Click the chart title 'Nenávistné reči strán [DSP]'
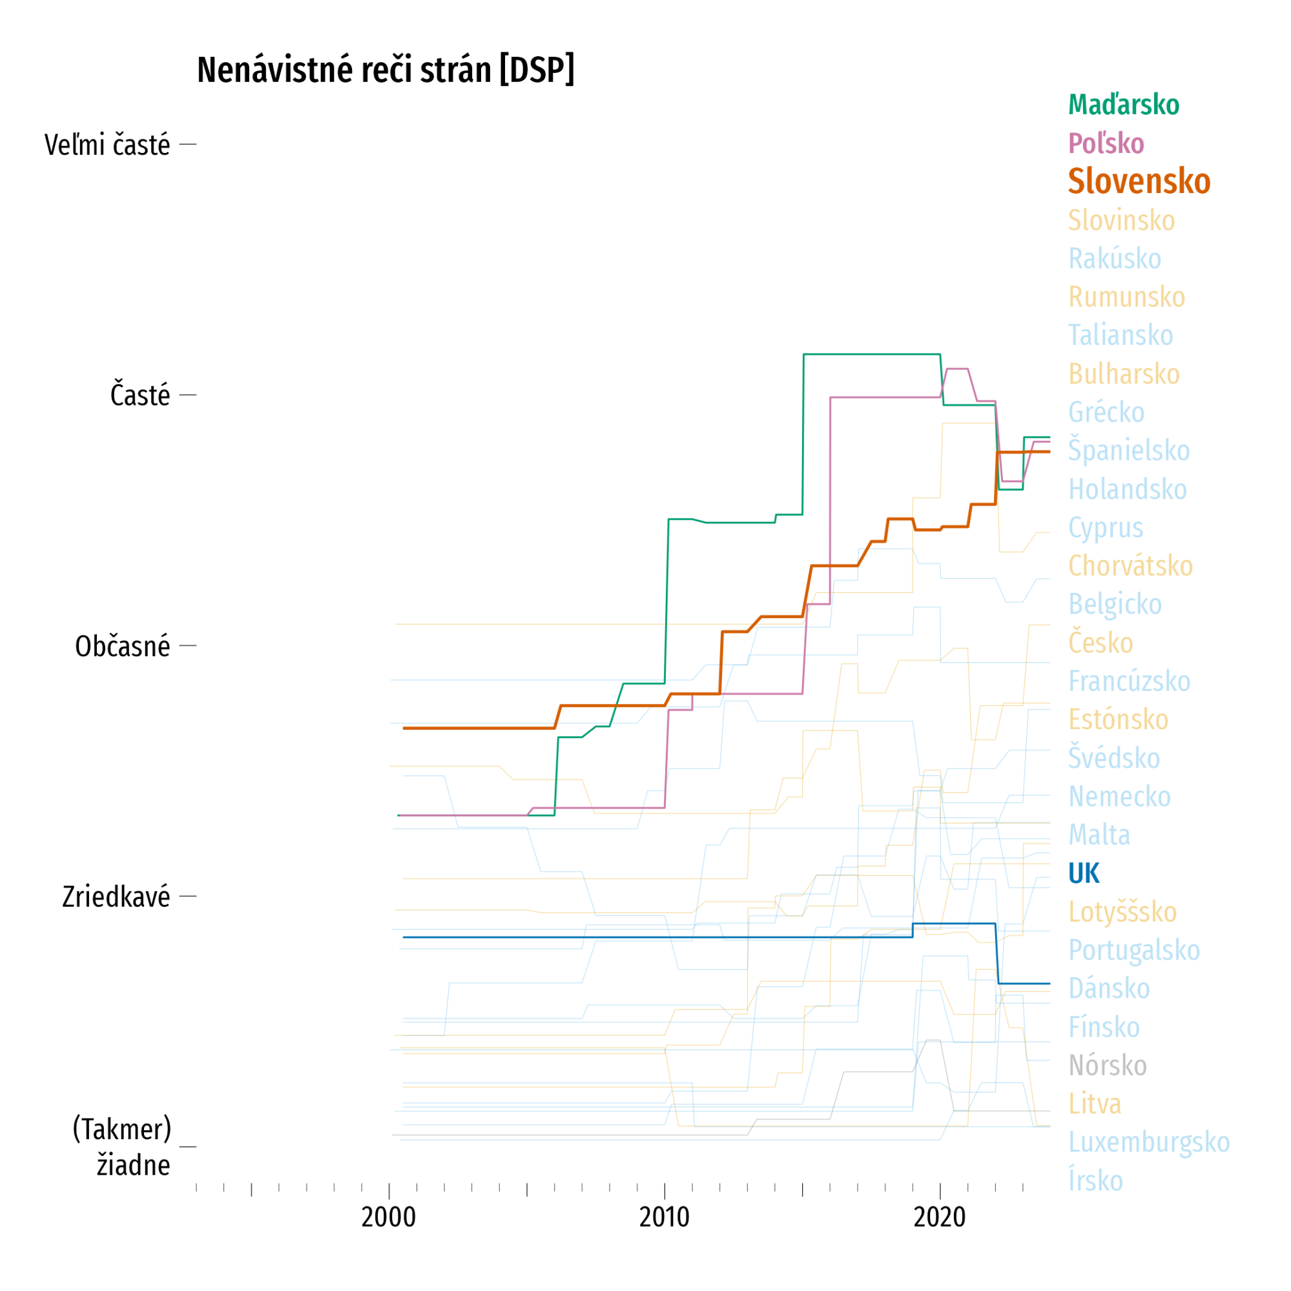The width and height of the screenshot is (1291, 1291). [x=386, y=70]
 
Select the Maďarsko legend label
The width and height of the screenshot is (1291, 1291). [x=1123, y=105]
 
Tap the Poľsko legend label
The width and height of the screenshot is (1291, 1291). [x=1106, y=143]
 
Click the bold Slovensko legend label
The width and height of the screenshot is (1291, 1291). [x=1139, y=181]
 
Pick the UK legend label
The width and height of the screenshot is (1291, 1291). [x=1083, y=873]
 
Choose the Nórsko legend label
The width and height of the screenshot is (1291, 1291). [x=1107, y=1065]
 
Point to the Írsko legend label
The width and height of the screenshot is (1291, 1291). [x=1095, y=1180]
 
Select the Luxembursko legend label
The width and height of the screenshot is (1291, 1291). [x=1149, y=1142]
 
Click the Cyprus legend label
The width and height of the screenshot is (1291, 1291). [x=1105, y=528]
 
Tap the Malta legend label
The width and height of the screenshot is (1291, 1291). [x=1099, y=834]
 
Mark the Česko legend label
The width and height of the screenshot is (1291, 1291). [x=1100, y=643]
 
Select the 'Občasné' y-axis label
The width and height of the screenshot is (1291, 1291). [x=122, y=647]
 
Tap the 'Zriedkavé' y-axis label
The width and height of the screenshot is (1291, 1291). [x=116, y=898]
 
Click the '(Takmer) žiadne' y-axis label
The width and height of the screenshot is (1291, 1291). [x=122, y=1148]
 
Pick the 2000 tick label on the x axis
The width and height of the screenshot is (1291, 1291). [x=388, y=1217]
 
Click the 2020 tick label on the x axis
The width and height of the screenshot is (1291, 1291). [x=940, y=1217]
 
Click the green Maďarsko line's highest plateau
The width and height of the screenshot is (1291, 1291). [x=871, y=354]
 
